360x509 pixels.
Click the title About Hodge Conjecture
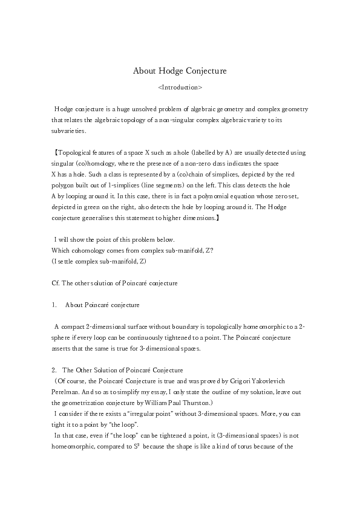pos(180,71)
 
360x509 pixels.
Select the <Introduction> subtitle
pos(180,88)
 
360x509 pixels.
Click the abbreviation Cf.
pos(56,282)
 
